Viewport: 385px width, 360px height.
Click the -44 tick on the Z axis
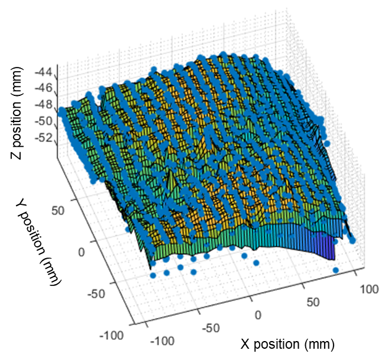pos(43,73)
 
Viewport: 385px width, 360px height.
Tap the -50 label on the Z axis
pos(43,123)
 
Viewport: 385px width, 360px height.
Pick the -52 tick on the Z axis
pos(43,139)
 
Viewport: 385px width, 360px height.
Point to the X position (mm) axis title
pos(287,343)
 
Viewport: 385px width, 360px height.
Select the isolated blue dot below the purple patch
pos(336,270)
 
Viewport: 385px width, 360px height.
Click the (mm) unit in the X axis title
pos(322,343)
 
